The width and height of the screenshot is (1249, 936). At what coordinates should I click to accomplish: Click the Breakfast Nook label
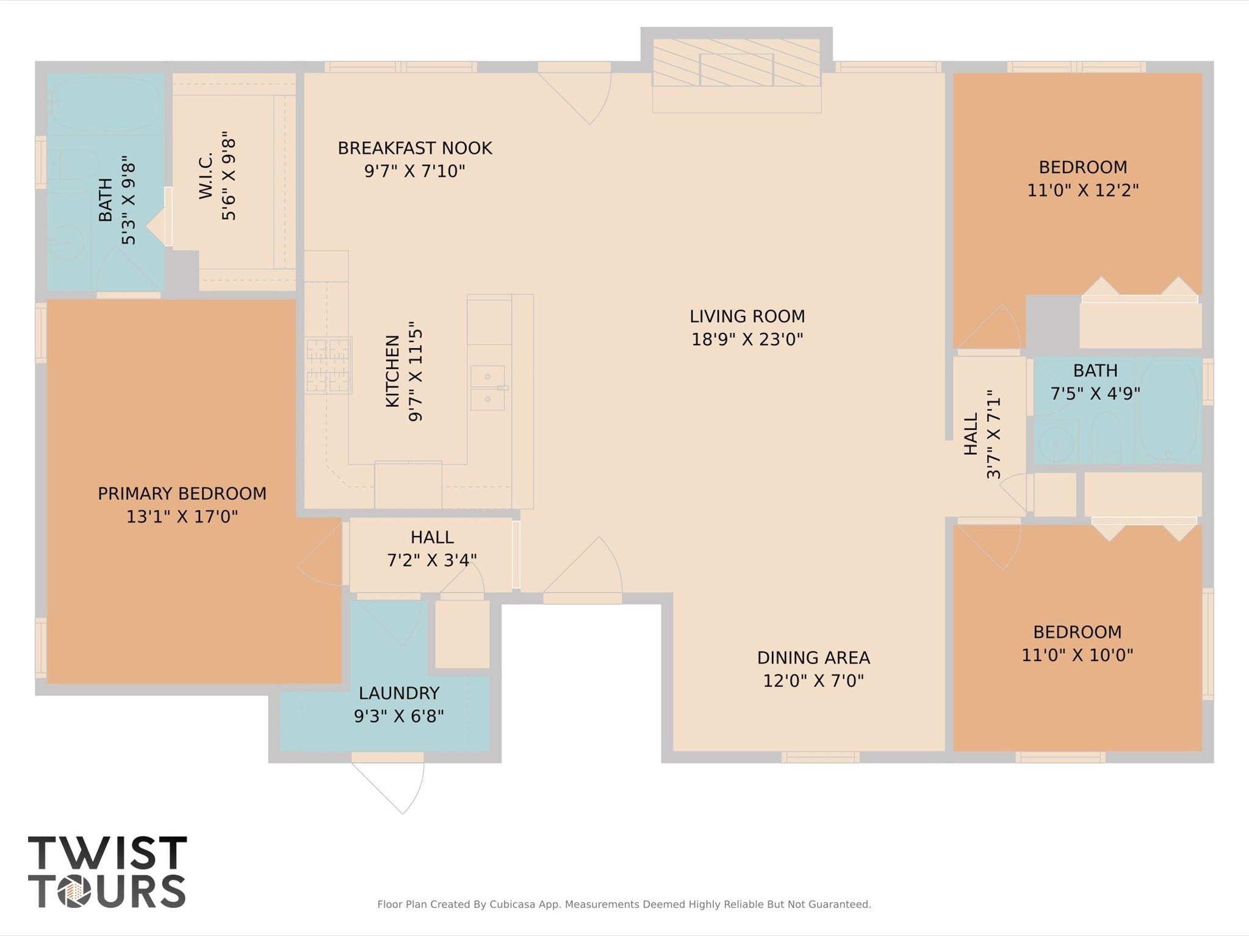[415, 148]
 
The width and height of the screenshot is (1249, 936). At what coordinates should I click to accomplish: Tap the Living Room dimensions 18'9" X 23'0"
[747, 339]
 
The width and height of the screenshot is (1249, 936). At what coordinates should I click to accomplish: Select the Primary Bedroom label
[182, 493]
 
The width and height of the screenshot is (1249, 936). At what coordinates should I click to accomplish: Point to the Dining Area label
[813, 657]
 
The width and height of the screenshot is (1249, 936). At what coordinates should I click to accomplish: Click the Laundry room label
[399, 693]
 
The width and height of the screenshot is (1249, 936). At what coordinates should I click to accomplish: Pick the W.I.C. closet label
[206, 176]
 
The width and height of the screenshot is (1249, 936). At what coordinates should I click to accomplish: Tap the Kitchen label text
[392, 371]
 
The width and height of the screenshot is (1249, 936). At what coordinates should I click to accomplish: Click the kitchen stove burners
[328, 365]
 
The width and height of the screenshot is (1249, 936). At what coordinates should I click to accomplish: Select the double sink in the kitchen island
[488, 388]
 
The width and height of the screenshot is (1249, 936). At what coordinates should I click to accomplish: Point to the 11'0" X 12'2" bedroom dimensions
[1083, 190]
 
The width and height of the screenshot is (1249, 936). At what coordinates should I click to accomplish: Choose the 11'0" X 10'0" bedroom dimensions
[1078, 655]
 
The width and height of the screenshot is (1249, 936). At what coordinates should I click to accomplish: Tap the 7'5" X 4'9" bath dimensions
[1095, 393]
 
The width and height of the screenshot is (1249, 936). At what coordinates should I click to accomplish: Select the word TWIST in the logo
[107, 852]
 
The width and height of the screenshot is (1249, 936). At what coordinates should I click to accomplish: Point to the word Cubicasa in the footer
[514, 904]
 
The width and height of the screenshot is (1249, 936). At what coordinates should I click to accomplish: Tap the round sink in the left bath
[65, 243]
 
